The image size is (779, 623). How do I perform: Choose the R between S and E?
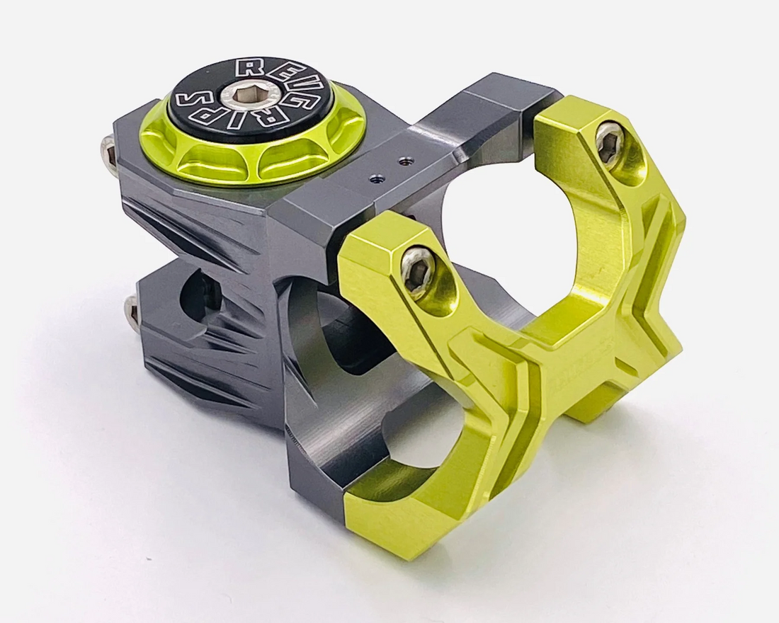tap(248, 70)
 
